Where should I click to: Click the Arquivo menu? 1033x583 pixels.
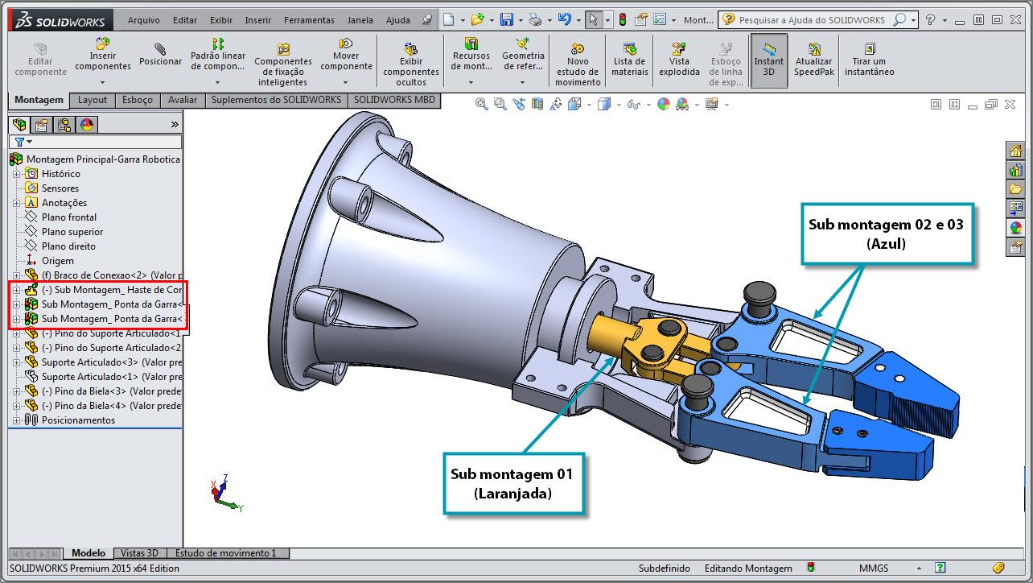(x=143, y=20)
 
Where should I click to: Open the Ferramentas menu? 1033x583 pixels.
(x=309, y=20)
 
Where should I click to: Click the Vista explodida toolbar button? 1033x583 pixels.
(x=679, y=60)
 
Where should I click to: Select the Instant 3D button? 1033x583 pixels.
(x=768, y=60)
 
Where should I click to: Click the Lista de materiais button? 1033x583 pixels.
(x=629, y=60)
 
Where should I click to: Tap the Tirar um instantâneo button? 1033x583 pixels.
(x=869, y=60)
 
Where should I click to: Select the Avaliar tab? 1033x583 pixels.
(x=183, y=100)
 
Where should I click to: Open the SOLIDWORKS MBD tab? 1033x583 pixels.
(x=394, y=100)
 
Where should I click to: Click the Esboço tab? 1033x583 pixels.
(x=137, y=100)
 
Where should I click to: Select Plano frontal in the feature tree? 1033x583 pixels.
(x=69, y=217)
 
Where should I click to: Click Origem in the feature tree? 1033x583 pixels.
(x=58, y=261)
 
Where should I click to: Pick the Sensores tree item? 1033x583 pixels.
(x=60, y=188)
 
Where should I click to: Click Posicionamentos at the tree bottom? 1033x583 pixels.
(x=78, y=420)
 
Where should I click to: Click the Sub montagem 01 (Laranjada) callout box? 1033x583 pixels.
(x=512, y=483)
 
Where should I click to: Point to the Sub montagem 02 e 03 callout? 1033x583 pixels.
(x=886, y=234)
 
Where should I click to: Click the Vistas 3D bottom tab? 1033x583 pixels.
(x=140, y=553)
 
